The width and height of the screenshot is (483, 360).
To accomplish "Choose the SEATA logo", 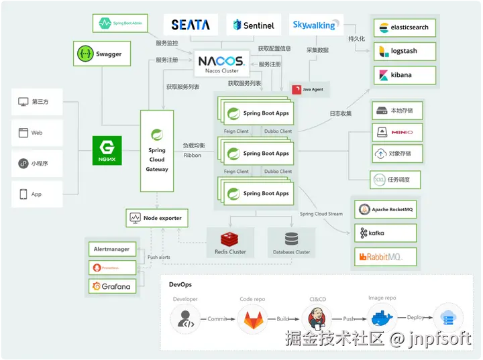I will (x=191, y=25).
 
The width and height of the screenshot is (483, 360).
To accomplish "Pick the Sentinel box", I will (x=254, y=25).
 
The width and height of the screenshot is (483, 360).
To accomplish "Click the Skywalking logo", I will (x=314, y=25).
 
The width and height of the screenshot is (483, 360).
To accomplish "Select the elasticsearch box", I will (x=405, y=28).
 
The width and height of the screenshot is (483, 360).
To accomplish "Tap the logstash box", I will (x=405, y=52).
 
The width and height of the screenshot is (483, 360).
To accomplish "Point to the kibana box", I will (x=405, y=75).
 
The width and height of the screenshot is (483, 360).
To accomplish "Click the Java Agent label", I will (x=309, y=89).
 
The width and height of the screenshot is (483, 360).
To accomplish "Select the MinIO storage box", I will (x=397, y=132).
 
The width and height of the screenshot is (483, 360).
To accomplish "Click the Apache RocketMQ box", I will (x=386, y=210).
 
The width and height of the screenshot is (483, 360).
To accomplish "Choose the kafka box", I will (x=386, y=233).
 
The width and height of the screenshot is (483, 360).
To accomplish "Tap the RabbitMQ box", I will (x=386, y=257).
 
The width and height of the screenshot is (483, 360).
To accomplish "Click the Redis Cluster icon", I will (x=230, y=238).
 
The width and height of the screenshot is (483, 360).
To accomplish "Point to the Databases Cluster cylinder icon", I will (x=291, y=239).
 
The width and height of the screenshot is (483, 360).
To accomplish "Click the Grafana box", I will (x=112, y=286).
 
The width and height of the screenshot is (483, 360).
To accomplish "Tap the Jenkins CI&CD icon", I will (x=315, y=318).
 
